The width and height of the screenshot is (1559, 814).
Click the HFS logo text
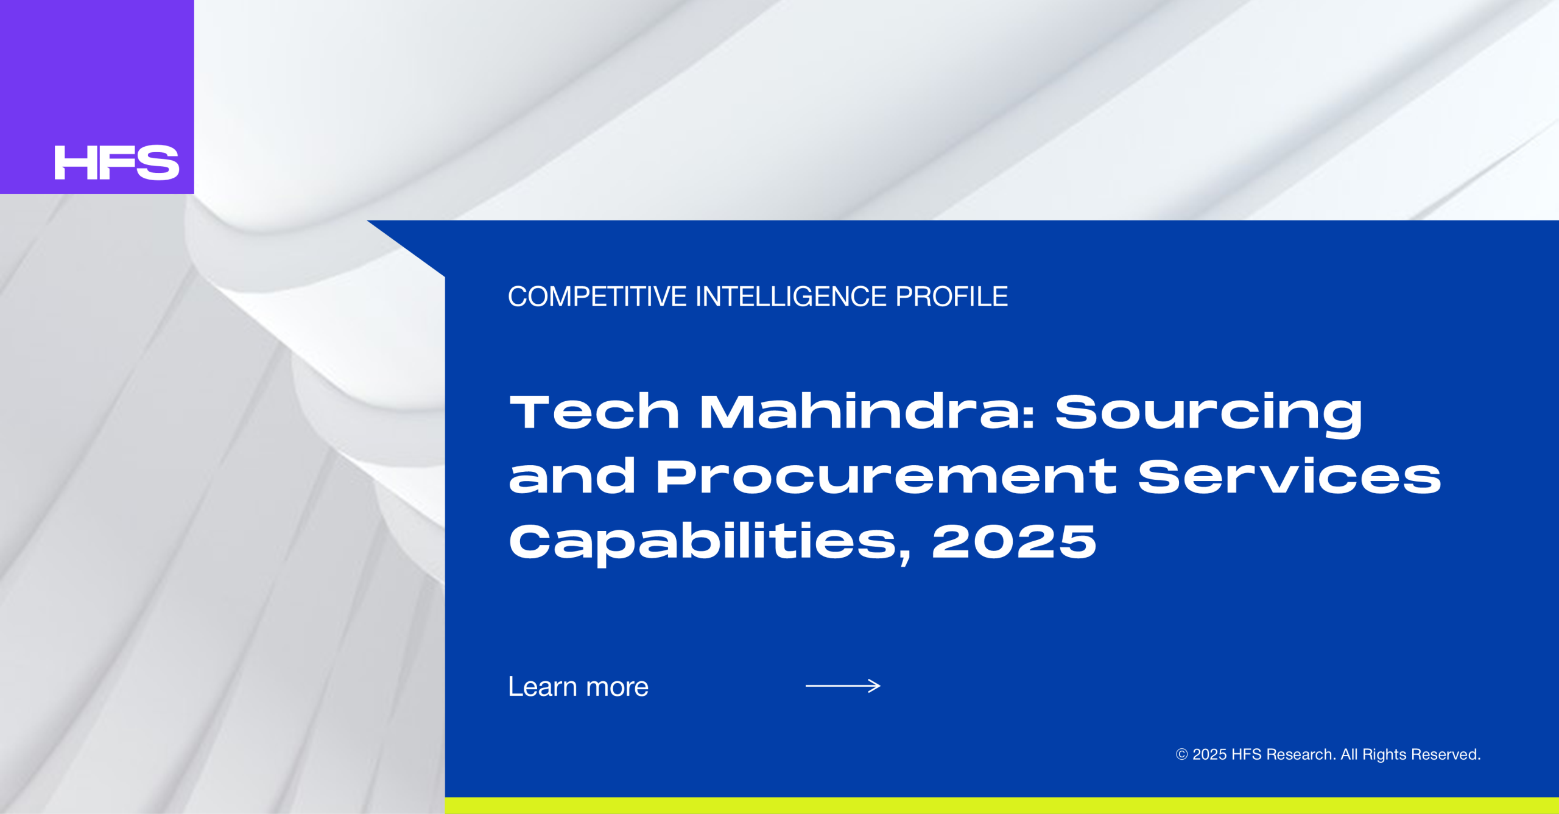(117, 163)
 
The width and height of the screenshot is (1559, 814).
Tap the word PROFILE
(952, 296)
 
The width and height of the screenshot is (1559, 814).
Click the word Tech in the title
(594, 412)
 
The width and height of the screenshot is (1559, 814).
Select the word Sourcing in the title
(1209, 415)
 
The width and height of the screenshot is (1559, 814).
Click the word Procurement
(886, 476)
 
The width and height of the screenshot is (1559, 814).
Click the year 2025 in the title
(1014, 541)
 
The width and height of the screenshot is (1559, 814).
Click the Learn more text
(579, 687)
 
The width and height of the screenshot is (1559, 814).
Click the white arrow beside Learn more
(843, 686)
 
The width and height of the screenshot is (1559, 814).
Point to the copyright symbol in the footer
(1181, 754)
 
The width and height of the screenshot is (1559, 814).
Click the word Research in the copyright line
(1301, 754)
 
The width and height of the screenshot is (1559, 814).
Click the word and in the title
(572, 476)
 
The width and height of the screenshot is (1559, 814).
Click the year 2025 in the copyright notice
(1209, 754)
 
